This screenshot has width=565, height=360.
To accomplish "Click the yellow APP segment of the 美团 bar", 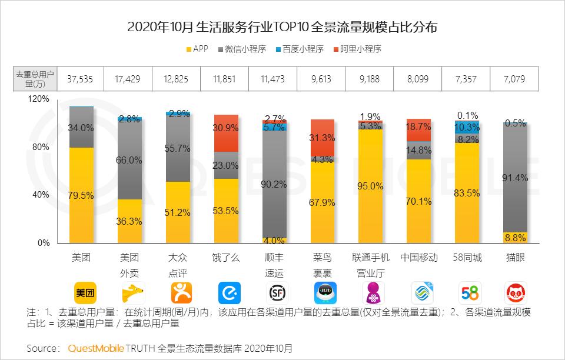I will [x=81, y=195].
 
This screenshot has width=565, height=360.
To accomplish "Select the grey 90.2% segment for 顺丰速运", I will [x=274, y=184].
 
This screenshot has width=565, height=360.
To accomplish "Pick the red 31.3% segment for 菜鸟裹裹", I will [x=323, y=138].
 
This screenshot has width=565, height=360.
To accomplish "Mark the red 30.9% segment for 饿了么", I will [x=226, y=127].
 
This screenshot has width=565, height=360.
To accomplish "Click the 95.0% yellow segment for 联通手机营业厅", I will [x=371, y=186].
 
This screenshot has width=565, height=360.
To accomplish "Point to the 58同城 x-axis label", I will [x=467, y=258].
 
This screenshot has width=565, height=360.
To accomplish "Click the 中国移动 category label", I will [x=419, y=258].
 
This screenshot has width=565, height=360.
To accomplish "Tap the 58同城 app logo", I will [x=468, y=292].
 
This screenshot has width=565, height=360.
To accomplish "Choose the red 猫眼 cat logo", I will [x=516, y=292].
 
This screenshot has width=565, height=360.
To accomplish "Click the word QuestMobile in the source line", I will [x=96, y=348].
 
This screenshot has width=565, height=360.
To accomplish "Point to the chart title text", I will [x=282, y=27].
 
